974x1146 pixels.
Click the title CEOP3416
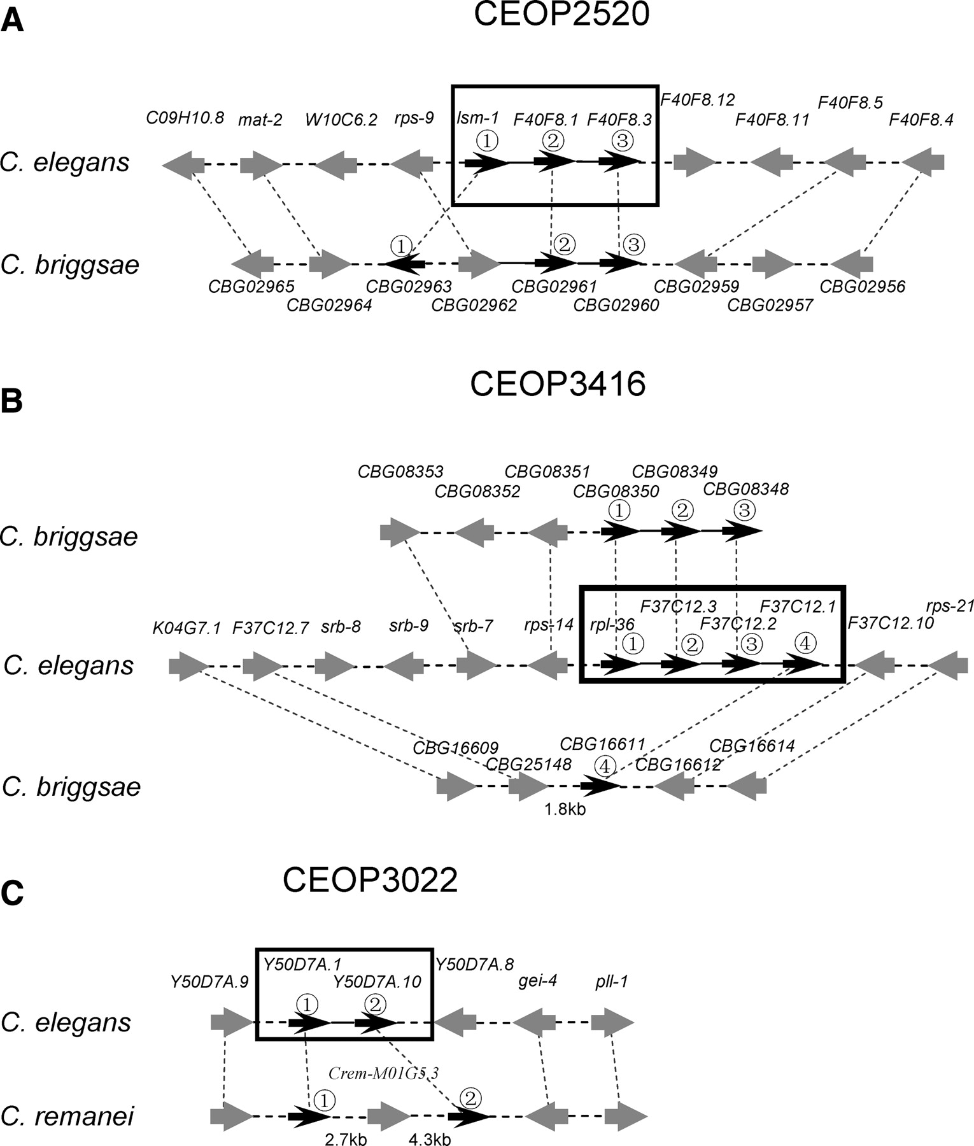pyautogui.click(x=558, y=384)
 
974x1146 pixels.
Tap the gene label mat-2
pyautogui.click(x=260, y=120)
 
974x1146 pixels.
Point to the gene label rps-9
pyautogui.click(x=414, y=118)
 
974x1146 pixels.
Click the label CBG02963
pyautogui.click(x=409, y=287)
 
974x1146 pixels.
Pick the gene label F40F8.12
pyautogui.click(x=698, y=99)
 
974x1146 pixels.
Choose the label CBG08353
pyautogui.click(x=400, y=472)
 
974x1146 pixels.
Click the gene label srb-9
pyautogui.click(x=408, y=626)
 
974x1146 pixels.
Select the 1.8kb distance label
pyautogui.click(x=565, y=809)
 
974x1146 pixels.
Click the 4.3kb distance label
pyautogui.click(x=430, y=1139)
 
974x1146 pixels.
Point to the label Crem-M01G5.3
pyautogui.click(x=383, y=1073)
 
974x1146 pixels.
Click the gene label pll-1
pyautogui.click(x=612, y=981)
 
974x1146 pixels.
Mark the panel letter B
pyautogui.click(x=11, y=402)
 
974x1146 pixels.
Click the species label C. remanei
pyautogui.click(x=67, y=1116)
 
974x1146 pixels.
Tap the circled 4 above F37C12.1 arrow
pyautogui.click(x=805, y=644)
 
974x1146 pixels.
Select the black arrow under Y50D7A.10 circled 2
pyautogui.click(x=376, y=1023)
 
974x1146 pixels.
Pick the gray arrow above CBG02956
pyautogui.click(x=852, y=264)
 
